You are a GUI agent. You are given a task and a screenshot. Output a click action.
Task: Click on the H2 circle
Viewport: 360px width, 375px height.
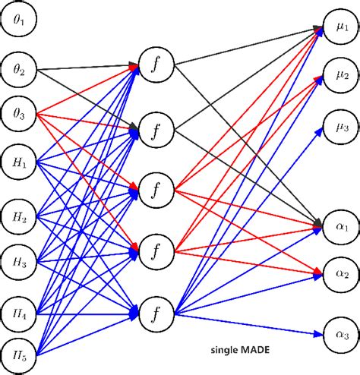tap(19, 219)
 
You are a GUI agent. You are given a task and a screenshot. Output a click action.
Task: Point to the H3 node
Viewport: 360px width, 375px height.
tap(19, 263)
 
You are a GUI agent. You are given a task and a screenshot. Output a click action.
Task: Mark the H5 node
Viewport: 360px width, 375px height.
tap(19, 355)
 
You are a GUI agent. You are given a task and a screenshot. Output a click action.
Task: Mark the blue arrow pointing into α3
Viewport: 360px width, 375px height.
tap(251, 323)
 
